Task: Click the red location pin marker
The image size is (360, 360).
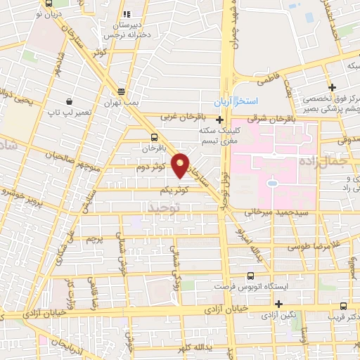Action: click(x=181, y=165)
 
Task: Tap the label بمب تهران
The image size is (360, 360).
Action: click(x=122, y=103)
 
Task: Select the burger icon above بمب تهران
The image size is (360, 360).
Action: click(x=122, y=91)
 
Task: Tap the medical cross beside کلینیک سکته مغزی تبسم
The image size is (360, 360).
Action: click(x=220, y=120)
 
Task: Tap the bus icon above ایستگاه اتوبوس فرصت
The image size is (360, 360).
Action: click(x=250, y=276)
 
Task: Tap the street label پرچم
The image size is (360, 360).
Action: click(x=96, y=240)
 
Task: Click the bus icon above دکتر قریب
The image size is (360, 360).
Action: click(x=343, y=306)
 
